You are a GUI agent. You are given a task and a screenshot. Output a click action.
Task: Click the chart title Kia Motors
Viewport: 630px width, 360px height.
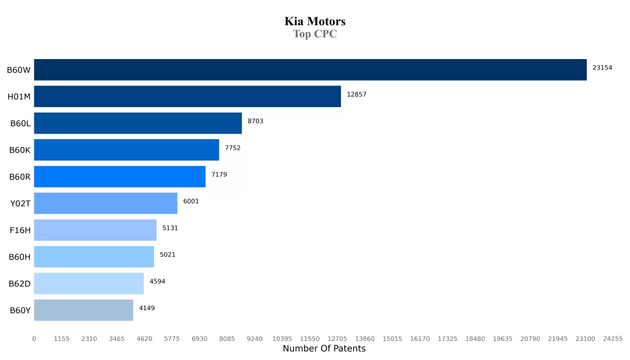tap(314, 22)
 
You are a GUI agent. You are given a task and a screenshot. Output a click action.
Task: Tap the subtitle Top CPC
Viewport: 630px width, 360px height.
tap(314, 34)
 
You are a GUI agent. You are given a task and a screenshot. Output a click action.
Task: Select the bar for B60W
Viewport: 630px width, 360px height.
tap(310, 70)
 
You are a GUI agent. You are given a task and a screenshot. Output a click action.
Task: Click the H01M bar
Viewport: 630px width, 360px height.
tap(187, 96)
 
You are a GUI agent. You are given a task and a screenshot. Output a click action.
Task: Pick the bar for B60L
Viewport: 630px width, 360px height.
tap(138, 123)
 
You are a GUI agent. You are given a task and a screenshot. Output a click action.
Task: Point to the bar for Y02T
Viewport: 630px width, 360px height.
tap(105, 203)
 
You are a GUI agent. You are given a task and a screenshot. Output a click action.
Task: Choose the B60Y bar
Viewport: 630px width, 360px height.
tap(83, 310)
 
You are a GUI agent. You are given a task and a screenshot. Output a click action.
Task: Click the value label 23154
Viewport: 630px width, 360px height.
tap(602, 68)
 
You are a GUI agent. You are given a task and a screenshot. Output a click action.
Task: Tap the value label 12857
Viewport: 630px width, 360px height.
tap(357, 94)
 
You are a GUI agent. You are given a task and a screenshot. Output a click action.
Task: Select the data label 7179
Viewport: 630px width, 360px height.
tap(219, 175)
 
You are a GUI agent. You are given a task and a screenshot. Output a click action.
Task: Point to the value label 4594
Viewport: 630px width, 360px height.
tap(157, 281)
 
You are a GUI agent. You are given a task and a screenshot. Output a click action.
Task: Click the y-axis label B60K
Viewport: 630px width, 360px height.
tap(20, 150)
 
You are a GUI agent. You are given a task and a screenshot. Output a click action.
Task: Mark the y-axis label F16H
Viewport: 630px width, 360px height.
tap(20, 230)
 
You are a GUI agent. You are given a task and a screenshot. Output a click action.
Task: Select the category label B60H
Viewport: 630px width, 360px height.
tap(20, 257)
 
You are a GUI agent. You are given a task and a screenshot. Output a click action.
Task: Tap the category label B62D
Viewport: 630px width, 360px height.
tap(20, 284)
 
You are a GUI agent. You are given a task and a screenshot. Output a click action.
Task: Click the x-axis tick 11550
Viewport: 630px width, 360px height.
tap(309, 338)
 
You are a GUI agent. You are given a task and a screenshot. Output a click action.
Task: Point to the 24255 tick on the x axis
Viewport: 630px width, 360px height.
tap(613, 338)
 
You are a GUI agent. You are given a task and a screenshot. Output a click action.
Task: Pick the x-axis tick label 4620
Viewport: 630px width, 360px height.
tap(144, 338)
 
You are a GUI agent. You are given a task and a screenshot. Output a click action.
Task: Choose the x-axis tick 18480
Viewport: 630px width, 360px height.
tap(475, 338)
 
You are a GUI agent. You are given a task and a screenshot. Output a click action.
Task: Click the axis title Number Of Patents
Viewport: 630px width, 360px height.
tap(324, 349)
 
